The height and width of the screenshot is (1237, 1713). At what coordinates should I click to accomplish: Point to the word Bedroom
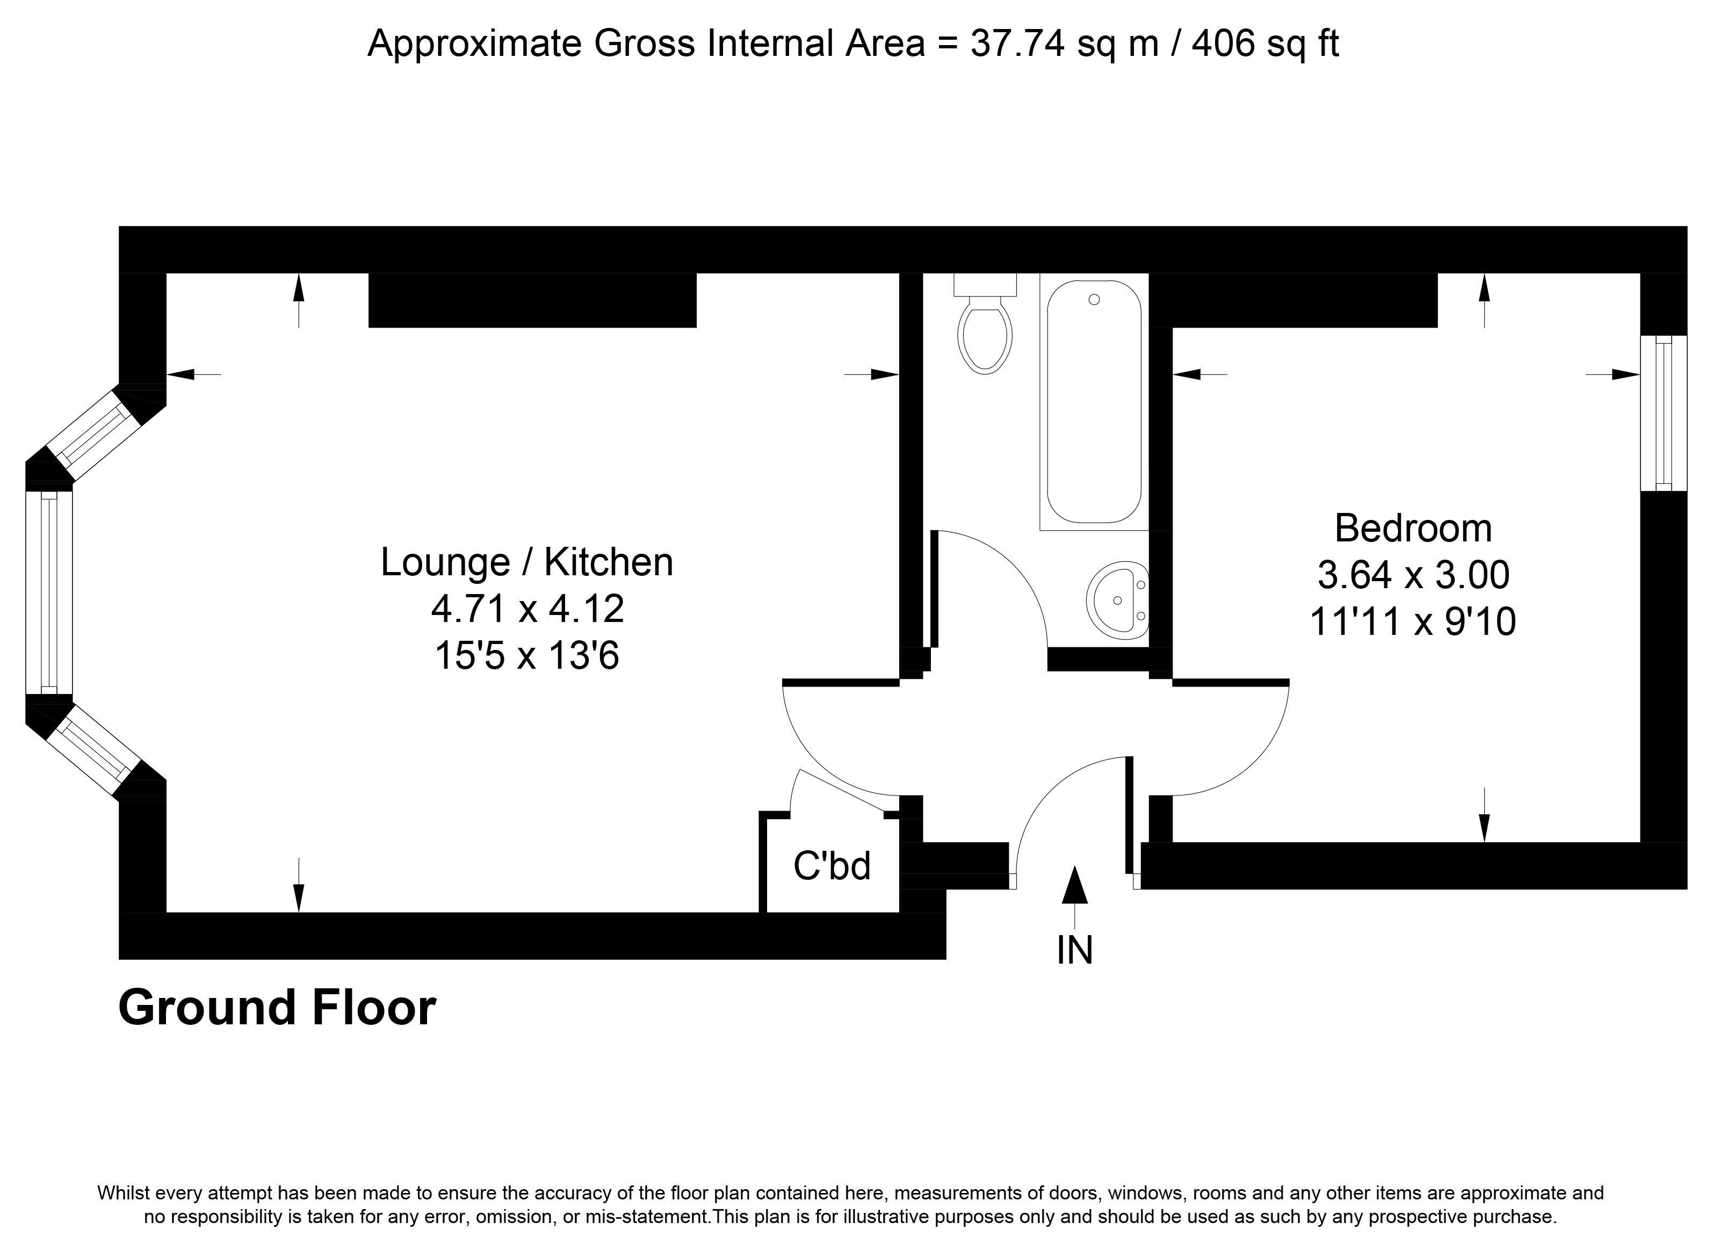(x=1413, y=528)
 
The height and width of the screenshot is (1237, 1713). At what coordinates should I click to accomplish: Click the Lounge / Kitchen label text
(x=526, y=562)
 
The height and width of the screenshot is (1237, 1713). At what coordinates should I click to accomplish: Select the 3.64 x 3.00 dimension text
(x=1413, y=575)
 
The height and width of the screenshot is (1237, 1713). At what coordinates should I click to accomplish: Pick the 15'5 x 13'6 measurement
(x=526, y=655)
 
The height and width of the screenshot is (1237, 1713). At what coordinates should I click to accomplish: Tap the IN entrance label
(x=1075, y=950)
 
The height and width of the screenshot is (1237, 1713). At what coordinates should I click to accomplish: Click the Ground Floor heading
(x=277, y=1008)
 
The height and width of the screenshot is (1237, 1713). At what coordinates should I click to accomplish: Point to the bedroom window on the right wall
(x=1663, y=413)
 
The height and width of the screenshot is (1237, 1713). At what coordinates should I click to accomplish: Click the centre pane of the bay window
(x=49, y=593)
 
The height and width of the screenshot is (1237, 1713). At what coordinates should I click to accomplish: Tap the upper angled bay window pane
(x=95, y=434)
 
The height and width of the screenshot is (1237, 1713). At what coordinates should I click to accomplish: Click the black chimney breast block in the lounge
(x=532, y=300)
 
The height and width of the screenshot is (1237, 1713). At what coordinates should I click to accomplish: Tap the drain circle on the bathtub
(x=1094, y=300)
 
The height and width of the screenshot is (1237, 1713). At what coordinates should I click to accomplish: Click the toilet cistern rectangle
(x=985, y=284)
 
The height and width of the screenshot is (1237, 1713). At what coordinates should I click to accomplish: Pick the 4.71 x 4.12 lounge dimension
(x=527, y=609)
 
